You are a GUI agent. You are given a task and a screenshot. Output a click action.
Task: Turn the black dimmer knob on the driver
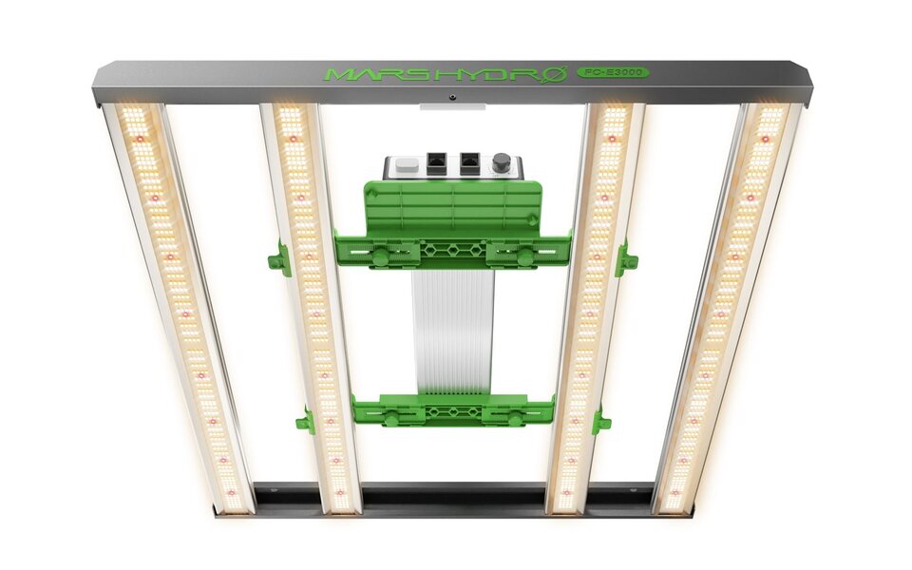point(501,163)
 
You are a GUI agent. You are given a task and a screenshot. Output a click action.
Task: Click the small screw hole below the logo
point(453,96)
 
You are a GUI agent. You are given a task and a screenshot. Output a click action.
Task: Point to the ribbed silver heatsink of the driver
point(453,332)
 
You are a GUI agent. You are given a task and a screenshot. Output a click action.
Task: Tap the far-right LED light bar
point(727,304)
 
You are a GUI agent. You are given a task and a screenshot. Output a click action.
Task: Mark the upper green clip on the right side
point(626,258)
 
